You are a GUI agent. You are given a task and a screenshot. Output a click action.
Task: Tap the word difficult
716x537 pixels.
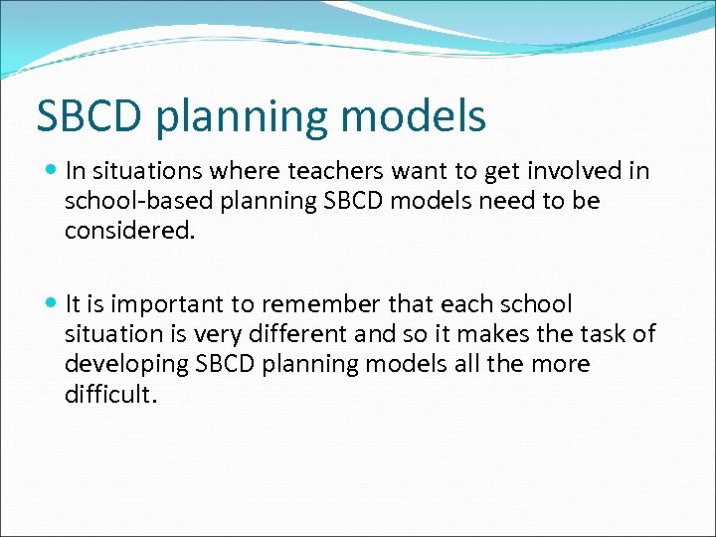point(110,394)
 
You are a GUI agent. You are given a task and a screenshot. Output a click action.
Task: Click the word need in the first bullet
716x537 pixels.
point(516,201)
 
